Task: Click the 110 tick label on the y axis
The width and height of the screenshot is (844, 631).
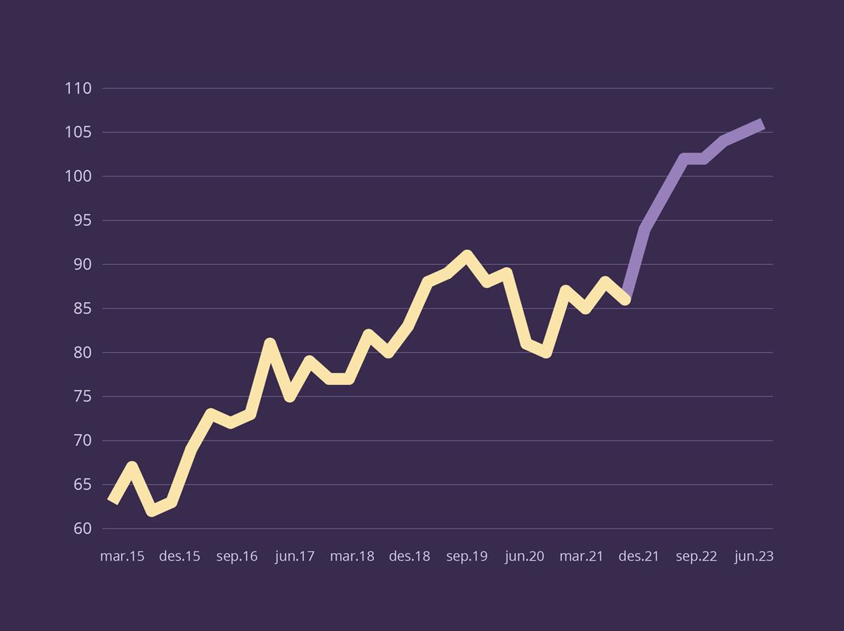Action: click(78, 89)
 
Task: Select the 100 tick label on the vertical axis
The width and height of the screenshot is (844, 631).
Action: click(78, 176)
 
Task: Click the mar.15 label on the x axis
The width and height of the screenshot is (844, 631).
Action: click(122, 557)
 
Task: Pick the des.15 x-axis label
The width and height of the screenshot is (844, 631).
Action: click(180, 557)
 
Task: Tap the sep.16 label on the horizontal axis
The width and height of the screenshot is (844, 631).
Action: click(237, 557)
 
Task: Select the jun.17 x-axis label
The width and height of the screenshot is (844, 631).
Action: click(295, 557)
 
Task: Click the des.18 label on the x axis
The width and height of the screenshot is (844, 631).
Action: click(409, 557)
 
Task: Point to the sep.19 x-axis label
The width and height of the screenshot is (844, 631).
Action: click(467, 557)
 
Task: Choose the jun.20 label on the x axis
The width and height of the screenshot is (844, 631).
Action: click(525, 557)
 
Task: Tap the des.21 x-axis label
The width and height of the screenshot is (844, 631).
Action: click(639, 557)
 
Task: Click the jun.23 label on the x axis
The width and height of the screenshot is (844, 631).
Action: click(754, 557)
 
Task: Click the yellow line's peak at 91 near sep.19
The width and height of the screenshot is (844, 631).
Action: click(466, 256)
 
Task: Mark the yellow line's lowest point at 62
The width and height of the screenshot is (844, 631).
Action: click(151, 511)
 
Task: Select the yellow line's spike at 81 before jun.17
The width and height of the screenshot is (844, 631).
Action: click(269, 344)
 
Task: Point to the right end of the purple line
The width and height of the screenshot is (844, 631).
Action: click(762, 124)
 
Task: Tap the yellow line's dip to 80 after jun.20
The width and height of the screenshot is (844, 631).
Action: click(545, 352)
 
